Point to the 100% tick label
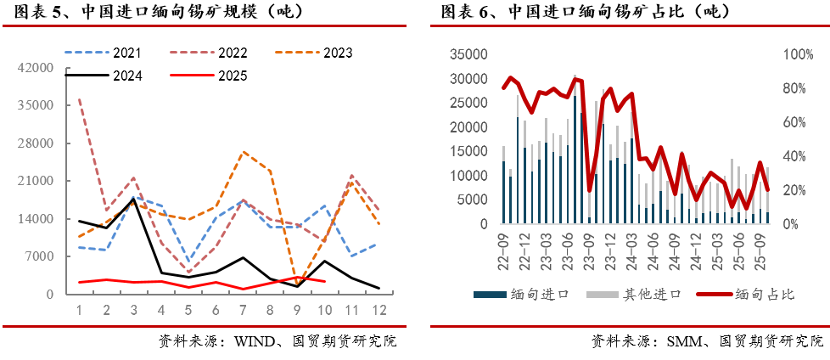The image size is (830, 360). click(797, 54)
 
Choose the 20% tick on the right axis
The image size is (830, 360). click(794, 190)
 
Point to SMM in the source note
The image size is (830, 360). click(683, 342)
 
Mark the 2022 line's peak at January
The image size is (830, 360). click(79, 99)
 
